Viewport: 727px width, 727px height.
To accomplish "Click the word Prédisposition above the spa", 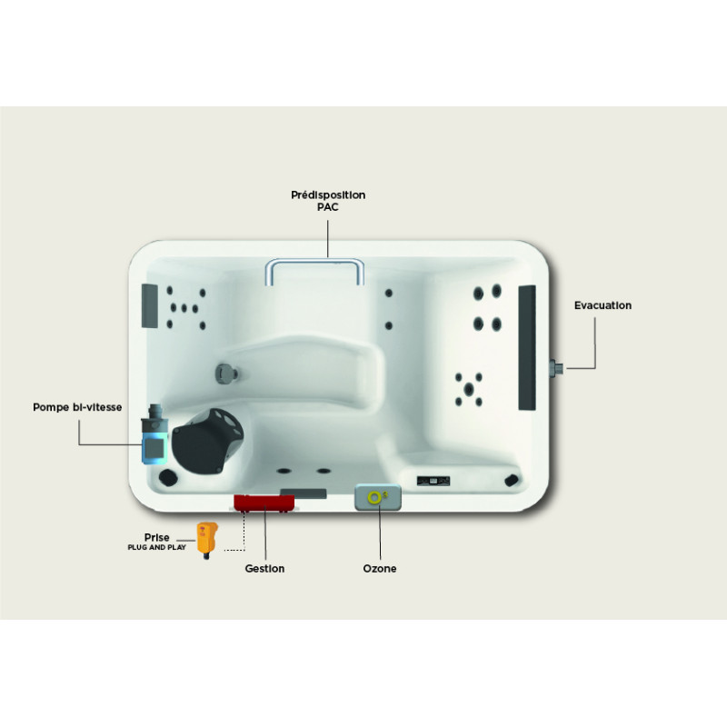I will click(328, 194).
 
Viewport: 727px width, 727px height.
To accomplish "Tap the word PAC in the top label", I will click(328, 206).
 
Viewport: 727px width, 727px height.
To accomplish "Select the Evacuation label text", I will click(603, 305).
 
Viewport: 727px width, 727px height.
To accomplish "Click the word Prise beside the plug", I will click(156, 537).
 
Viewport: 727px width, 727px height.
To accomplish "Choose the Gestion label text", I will click(264, 569).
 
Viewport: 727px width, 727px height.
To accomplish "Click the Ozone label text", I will click(378, 569).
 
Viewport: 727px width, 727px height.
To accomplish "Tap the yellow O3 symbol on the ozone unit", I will click(376, 496).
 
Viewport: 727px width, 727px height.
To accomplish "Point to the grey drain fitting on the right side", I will click(556, 366).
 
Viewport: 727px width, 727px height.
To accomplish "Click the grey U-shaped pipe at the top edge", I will click(314, 271).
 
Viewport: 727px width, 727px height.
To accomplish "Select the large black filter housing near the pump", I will click(210, 439).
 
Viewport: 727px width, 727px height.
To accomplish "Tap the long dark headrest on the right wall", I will click(526, 348).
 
